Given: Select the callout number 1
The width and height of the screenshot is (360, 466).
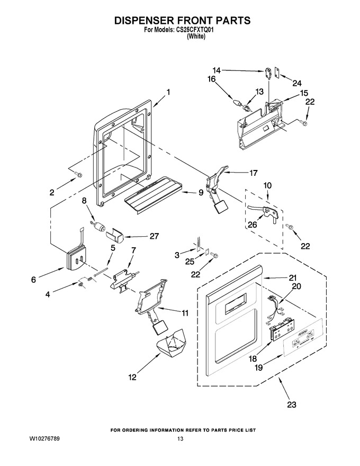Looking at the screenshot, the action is click(168, 92).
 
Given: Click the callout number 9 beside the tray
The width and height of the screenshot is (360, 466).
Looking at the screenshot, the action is click(201, 193).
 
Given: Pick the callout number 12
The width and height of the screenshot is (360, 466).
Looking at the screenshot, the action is click(132, 377).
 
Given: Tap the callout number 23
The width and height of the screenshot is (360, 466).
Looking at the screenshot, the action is click(292, 405).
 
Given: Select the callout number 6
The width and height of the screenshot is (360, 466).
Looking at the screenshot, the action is click(33, 280).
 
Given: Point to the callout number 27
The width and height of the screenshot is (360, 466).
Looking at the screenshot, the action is click(154, 236).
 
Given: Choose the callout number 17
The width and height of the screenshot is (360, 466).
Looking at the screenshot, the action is click(254, 173).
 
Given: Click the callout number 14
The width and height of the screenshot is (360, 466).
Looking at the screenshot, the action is click(217, 70).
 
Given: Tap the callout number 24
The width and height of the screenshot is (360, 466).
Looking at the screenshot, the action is click(296, 83).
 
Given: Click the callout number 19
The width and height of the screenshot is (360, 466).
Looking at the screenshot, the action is click(259, 368).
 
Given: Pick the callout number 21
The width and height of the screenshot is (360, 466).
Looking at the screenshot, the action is click(293, 277).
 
